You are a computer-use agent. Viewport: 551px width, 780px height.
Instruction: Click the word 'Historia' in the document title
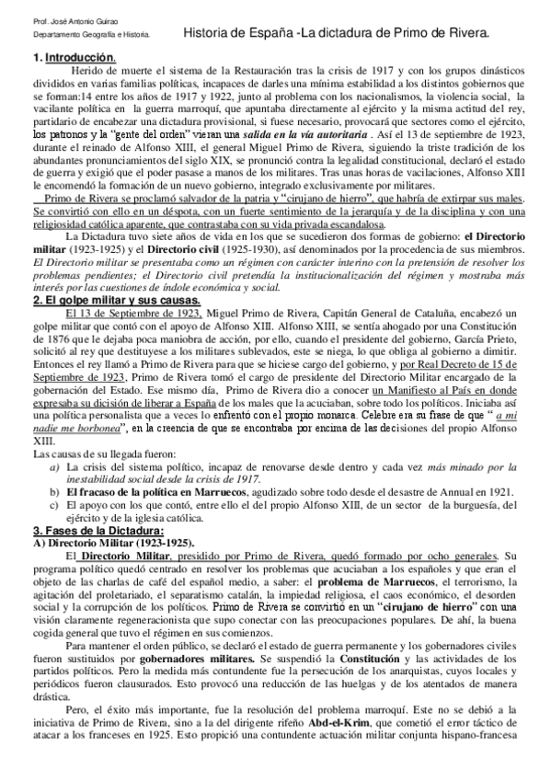(210, 32)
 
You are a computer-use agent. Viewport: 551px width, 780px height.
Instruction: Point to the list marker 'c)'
(55, 505)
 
